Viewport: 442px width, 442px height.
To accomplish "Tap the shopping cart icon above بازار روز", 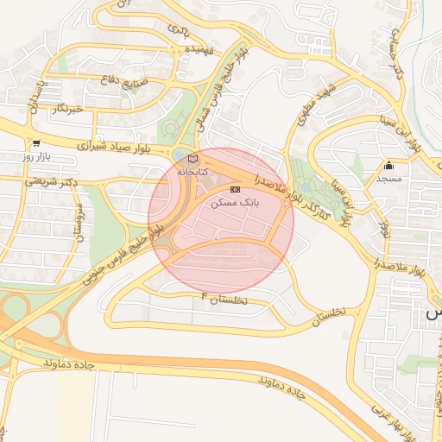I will [35, 144].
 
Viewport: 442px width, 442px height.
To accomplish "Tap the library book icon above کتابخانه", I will [193, 159].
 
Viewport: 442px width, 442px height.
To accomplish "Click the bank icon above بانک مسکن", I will [235, 189].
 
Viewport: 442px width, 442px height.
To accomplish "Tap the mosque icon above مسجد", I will [389, 165].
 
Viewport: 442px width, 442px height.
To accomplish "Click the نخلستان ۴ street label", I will [224, 299].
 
